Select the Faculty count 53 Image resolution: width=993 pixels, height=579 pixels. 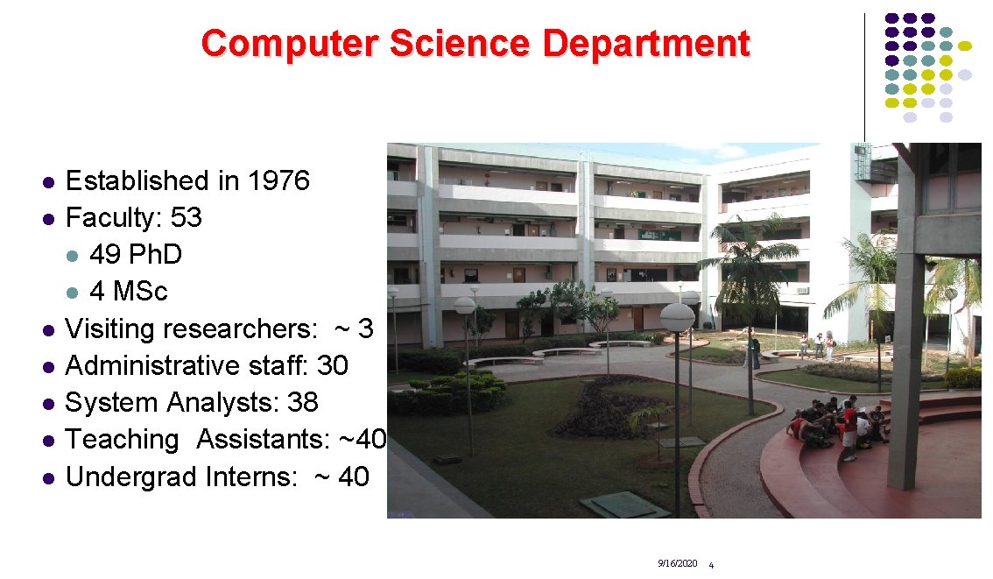click(186, 218)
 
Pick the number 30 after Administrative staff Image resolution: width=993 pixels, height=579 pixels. click(332, 365)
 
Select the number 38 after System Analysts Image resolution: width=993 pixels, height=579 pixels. click(302, 403)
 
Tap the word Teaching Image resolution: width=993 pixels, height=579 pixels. click(122, 440)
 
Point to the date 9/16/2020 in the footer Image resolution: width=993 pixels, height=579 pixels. click(677, 563)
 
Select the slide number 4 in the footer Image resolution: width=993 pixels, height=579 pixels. click(710, 565)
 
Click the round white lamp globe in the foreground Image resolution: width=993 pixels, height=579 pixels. click(677, 317)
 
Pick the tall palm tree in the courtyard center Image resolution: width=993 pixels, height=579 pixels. click(750, 263)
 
